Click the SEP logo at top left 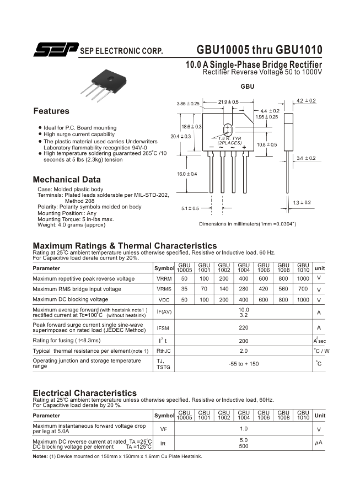pos(55,50)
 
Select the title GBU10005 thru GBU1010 pos(259,50)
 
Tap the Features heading pos(51,111)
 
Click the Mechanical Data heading pos(67,180)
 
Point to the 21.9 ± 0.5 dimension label pos(228,102)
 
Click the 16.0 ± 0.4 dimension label pos(187,174)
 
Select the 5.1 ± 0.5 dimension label pos(190,208)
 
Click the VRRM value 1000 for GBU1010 pos(303,278)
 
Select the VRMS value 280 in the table pos(244,289)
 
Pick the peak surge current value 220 pos(244,327)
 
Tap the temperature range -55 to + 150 pos(244,364)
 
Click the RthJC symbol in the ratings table pos(164,351)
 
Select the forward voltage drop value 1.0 pos(244,429)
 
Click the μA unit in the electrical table pos(318,443)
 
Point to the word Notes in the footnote pos(40,456)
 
